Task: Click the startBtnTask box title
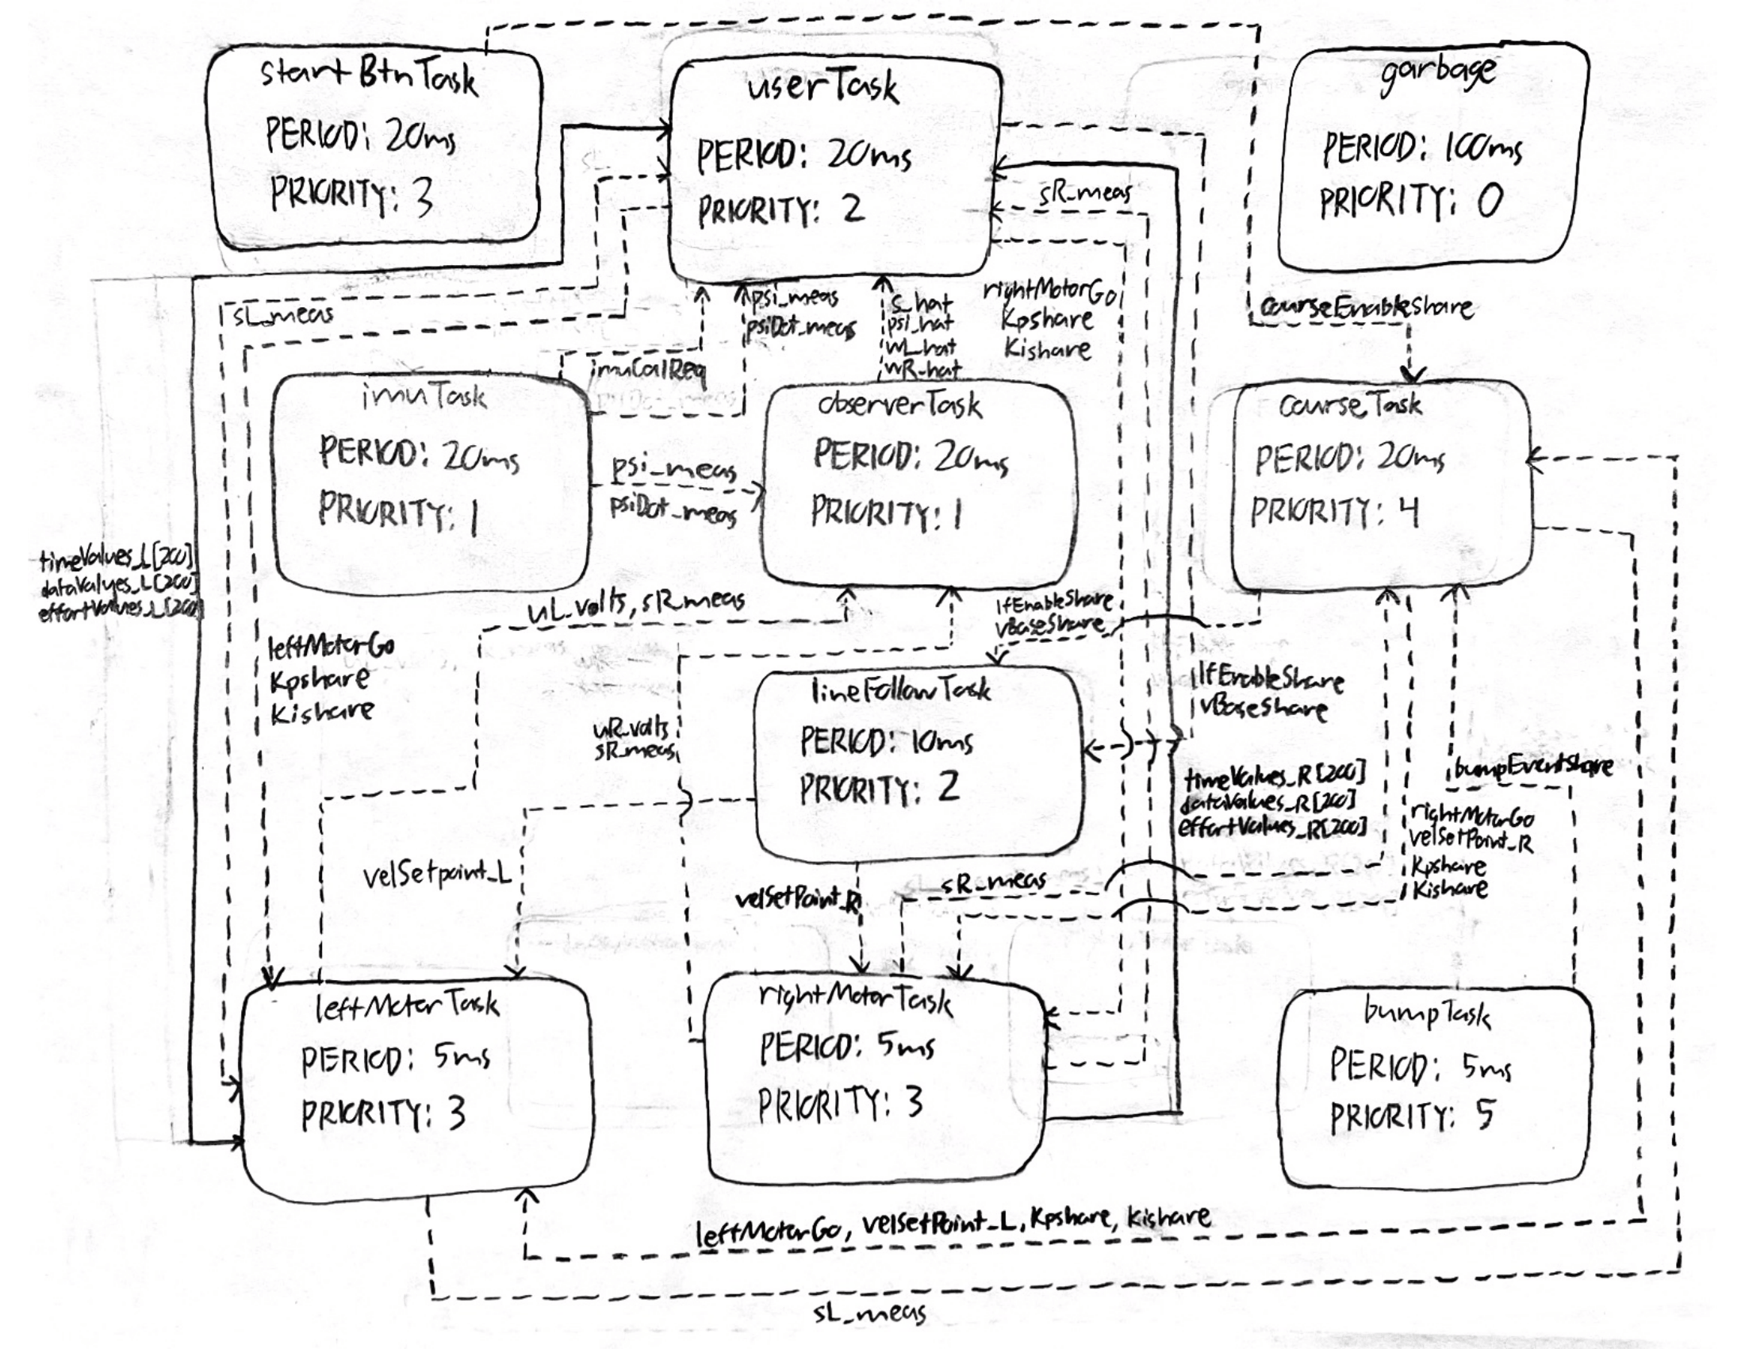(x=369, y=77)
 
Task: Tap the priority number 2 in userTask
(x=853, y=209)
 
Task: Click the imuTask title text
(x=424, y=397)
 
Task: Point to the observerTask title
(x=899, y=405)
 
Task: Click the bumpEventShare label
(x=1532, y=767)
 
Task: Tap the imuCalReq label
(x=648, y=370)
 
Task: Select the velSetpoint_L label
(x=436, y=876)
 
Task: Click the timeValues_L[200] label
(x=117, y=559)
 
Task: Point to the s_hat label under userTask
(x=921, y=304)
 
